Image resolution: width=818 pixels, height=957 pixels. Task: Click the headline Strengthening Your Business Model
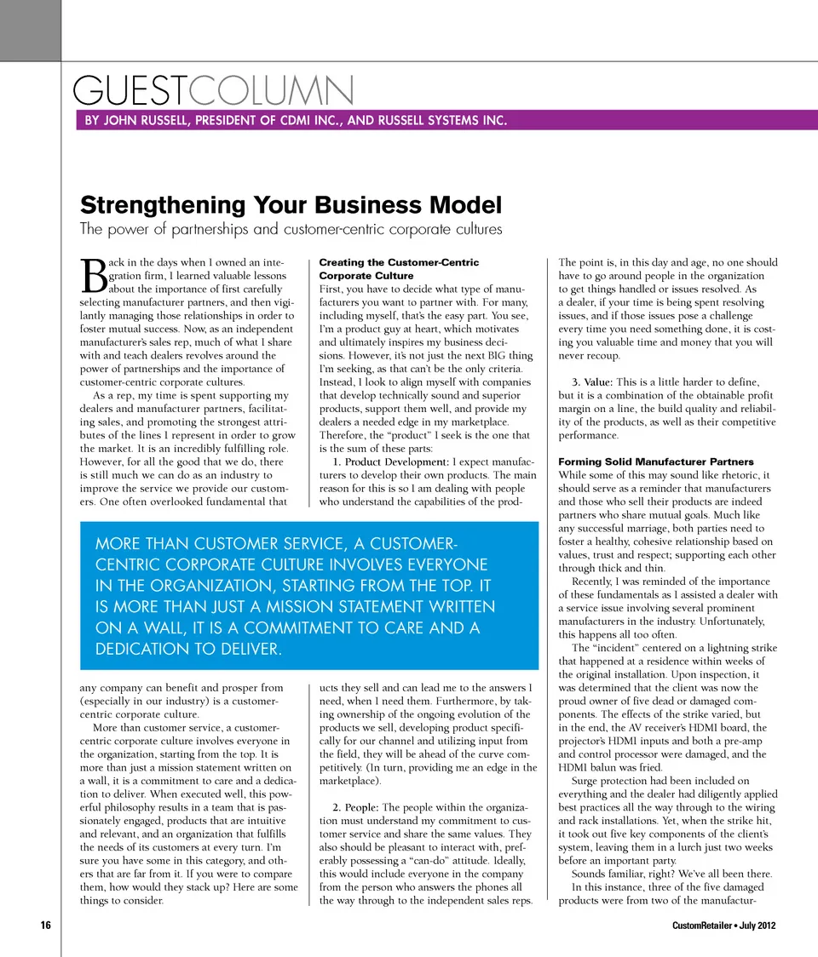pyautogui.click(x=290, y=205)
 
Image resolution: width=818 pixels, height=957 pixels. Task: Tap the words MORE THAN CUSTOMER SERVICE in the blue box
pyautogui.click(x=210, y=544)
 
